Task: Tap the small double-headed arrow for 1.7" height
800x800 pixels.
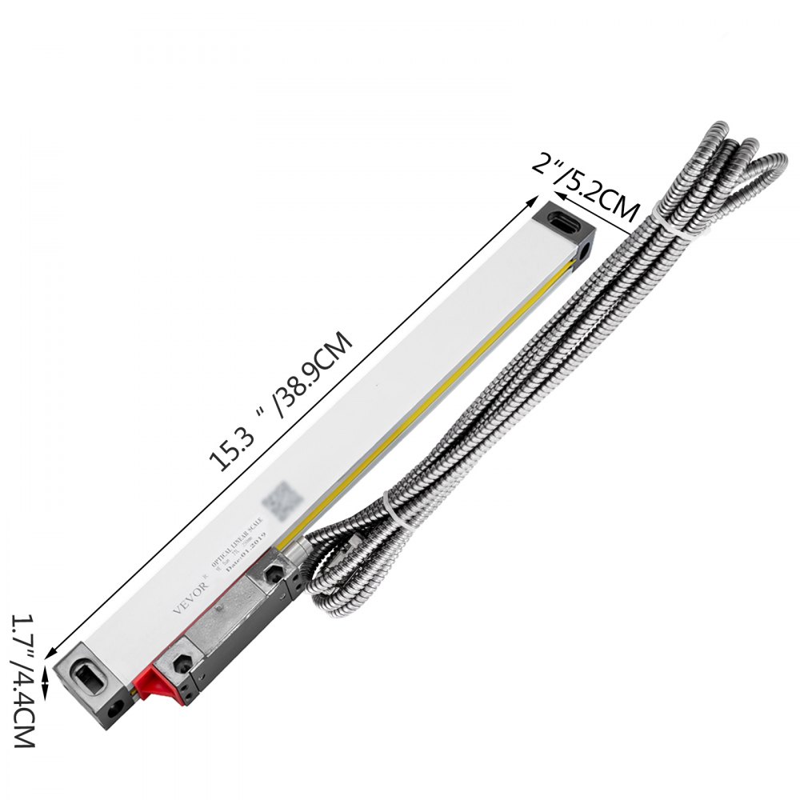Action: (x=45, y=684)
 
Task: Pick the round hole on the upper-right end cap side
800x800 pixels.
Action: (x=588, y=250)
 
